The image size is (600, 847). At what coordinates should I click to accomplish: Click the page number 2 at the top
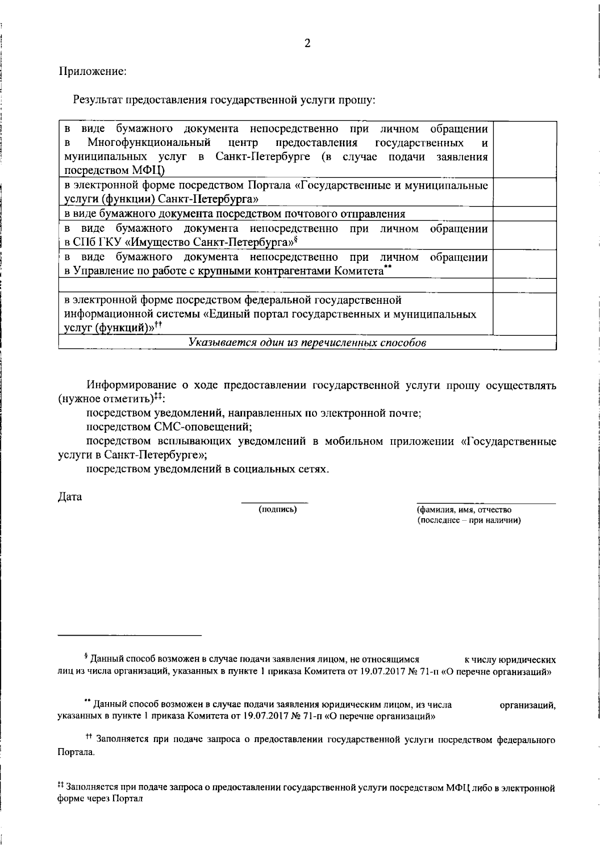pos(307,43)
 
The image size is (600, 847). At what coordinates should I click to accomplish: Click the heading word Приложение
pos(93,71)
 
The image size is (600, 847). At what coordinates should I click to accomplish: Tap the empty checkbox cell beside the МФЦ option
pos(524,149)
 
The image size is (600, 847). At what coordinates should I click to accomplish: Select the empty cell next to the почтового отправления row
pos(524,214)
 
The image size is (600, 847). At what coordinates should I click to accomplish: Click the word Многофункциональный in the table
pos(149,143)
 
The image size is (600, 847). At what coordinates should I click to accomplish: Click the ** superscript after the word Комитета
pos(388,268)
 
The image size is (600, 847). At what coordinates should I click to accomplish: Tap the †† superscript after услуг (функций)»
pos(157,324)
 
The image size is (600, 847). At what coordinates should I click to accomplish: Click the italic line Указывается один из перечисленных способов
pos(307,343)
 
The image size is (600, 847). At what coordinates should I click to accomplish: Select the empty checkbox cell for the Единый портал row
pos(524,314)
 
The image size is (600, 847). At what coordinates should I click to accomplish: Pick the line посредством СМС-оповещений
pos(169,427)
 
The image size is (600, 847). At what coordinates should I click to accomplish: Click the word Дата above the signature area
pos(70,497)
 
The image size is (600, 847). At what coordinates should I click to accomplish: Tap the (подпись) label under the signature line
pos(277,510)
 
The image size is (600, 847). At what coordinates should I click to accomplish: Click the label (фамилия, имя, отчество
pos(464,510)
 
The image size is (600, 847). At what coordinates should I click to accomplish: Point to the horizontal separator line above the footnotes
pos(129,635)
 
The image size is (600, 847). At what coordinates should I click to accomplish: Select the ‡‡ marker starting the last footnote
pos(61,787)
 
